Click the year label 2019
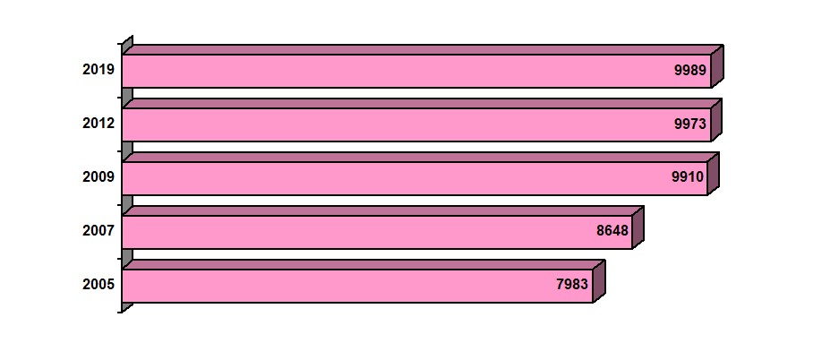coord(98,70)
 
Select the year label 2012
coord(98,124)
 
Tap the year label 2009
coord(98,177)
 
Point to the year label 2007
coord(98,231)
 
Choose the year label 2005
coord(98,285)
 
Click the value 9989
coord(690,70)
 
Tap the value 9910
coord(688,177)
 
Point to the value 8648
coord(612,231)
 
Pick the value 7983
coord(572,285)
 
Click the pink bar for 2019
coord(416,71)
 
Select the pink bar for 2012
coord(416,124)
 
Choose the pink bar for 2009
coord(415,179)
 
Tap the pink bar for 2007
coord(377,232)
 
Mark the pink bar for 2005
coord(357,287)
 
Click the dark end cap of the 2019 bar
coord(717,66)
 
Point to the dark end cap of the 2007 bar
coord(638,227)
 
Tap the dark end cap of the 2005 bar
coord(599,281)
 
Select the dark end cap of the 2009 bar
coord(714,174)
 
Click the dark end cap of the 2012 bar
coord(717,120)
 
